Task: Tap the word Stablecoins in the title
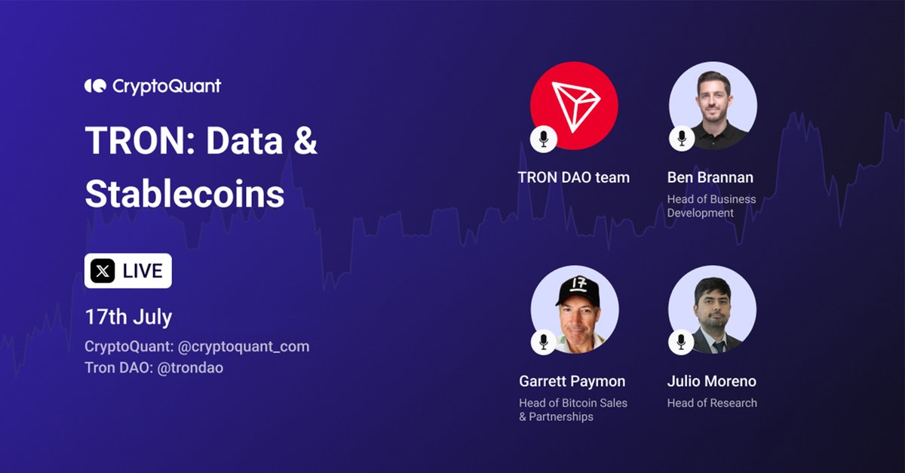click(184, 194)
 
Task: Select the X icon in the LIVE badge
click(103, 271)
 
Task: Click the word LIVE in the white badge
click(143, 271)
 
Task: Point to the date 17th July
click(128, 316)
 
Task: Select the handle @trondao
click(190, 367)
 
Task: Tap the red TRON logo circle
click(575, 106)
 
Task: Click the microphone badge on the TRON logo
click(543, 138)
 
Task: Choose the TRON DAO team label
click(573, 178)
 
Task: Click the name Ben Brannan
click(710, 178)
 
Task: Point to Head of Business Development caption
click(711, 206)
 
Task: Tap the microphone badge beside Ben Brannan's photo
click(681, 138)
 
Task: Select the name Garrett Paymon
click(572, 381)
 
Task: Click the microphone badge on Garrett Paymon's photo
click(543, 342)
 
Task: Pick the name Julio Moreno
click(711, 381)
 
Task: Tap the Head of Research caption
click(711, 403)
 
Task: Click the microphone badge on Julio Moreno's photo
click(681, 342)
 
